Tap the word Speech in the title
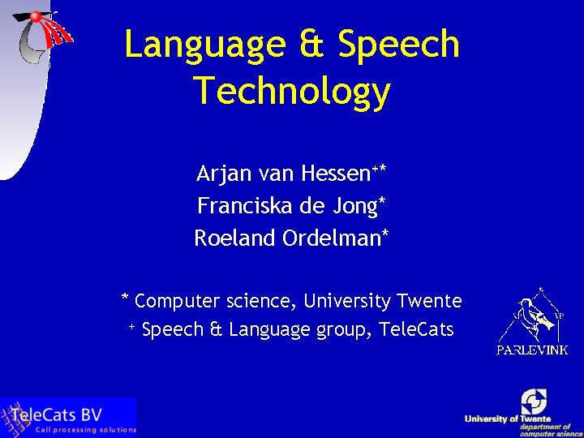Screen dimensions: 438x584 (399, 46)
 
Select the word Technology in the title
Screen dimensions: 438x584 (292, 92)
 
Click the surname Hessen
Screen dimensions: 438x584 (334, 174)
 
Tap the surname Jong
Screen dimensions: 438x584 (352, 207)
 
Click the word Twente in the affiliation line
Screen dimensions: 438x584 (429, 302)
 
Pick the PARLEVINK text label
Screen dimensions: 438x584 (532, 350)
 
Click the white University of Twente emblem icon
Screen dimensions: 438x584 (534, 401)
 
